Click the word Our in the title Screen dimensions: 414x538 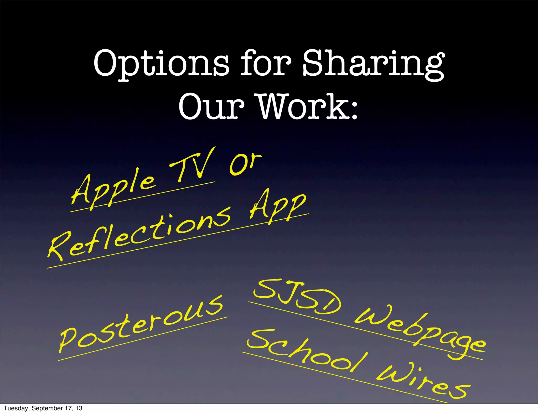click(211, 107)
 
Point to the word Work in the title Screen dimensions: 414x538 click(302, 107)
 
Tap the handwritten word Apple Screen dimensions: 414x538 click(113, 189)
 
